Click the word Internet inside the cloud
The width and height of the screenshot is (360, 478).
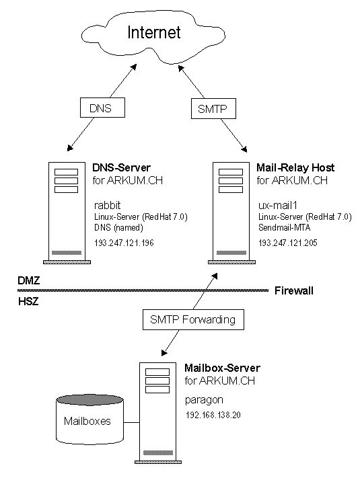154,32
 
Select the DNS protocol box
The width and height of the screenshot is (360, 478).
102,108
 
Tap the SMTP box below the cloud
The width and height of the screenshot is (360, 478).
213,108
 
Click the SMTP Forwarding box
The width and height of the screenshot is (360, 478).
193,319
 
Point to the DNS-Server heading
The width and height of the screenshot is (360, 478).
121,167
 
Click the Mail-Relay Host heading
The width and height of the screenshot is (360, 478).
295,167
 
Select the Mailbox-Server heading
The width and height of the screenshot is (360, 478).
222,368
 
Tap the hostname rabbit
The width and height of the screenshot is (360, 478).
108,205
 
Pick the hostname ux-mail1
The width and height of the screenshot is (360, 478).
278,205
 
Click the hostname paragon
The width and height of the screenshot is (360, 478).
204,400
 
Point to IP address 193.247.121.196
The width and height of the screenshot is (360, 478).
124,243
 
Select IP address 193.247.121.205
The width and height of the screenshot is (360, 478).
288,243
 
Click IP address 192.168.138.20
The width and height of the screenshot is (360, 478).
213,415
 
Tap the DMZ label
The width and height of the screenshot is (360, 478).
29,280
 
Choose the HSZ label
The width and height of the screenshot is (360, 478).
28,302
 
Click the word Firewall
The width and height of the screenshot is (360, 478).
294,290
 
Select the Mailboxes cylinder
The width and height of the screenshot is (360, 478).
89,420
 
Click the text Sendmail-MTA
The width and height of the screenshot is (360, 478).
285,227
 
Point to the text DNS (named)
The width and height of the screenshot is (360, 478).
118,228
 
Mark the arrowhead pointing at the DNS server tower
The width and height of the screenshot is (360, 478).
70,148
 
